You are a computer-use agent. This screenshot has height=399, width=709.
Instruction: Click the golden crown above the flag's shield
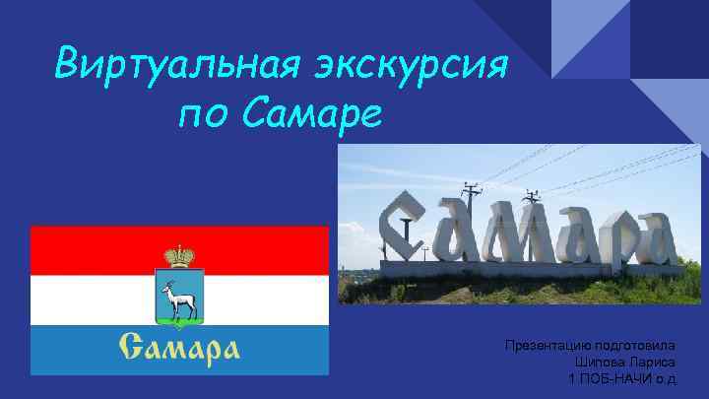[179, 255]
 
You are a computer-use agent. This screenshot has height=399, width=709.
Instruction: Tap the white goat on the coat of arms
[179, 297]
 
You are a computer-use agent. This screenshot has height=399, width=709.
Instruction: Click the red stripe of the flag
[89, 250]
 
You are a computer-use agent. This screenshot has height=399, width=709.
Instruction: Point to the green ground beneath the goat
[179, 316]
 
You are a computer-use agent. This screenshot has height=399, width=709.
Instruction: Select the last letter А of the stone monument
[652, 242]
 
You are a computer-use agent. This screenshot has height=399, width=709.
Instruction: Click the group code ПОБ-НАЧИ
[616, 379]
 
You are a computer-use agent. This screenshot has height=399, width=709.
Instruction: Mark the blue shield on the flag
[179, 296]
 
